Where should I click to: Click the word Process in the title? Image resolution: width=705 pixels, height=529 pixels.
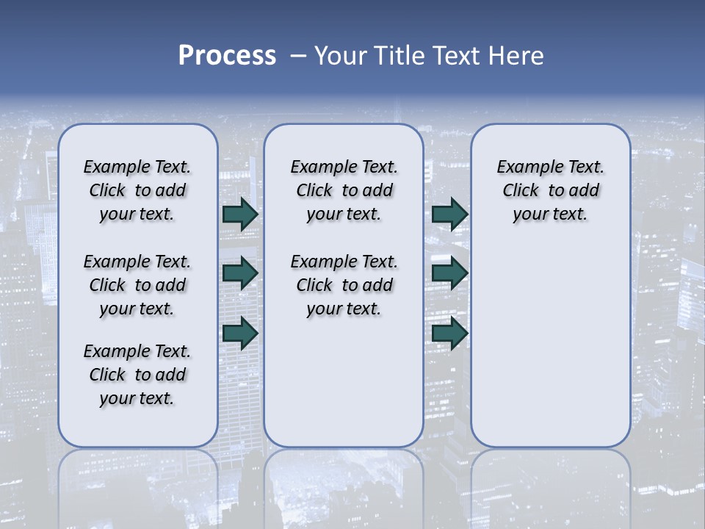click(227, 56)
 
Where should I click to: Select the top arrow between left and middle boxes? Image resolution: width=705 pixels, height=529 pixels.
click(240, 215)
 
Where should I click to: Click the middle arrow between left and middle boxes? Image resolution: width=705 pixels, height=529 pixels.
click(240, 273)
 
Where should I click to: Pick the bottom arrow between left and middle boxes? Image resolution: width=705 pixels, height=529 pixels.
click(240, 333)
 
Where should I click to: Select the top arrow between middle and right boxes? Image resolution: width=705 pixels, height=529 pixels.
click(449, 215)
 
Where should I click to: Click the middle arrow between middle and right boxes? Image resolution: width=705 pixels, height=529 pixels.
click(449, 273)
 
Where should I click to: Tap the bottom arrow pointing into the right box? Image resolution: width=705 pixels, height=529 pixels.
click(449, 333)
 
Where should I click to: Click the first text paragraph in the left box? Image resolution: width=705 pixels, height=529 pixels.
click(137, 190)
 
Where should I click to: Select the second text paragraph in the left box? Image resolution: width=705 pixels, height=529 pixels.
click(137, 285)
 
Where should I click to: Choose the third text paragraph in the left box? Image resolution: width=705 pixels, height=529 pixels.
click(137, 375)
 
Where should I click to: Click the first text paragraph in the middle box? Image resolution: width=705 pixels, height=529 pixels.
click(344, 190)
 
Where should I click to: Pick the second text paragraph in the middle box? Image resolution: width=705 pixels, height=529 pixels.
click(344, 285)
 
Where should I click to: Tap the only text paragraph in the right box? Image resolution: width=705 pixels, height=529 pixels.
click(550, 190)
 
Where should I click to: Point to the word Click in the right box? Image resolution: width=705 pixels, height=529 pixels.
click(521, 191)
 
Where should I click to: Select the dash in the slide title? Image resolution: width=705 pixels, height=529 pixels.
click(298, 56)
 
